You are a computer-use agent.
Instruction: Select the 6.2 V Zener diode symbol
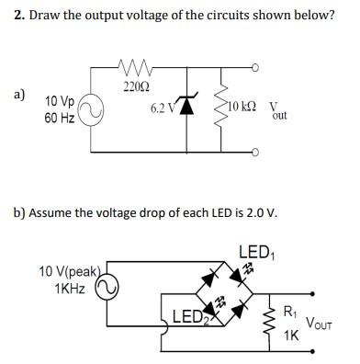pos(187,108)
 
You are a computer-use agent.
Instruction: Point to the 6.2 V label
pos(162,108)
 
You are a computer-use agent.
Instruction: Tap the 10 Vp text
pos(61,100)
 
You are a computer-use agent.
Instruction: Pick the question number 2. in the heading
pos(19,17)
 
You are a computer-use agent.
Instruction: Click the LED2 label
pos(190,318)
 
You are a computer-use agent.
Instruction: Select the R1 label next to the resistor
pos(291,312)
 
